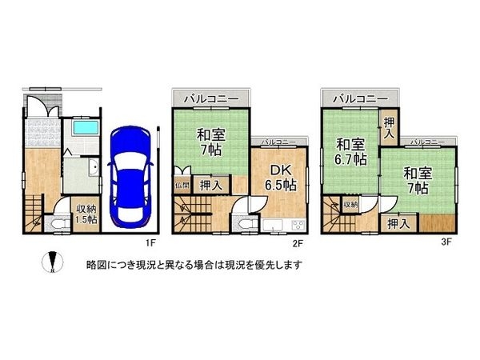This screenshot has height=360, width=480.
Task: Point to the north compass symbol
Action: (x=51, y=262)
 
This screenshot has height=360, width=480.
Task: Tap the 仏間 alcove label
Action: (x=182, y=185)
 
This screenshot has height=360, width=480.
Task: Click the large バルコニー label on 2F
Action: (x=210, y=98)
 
